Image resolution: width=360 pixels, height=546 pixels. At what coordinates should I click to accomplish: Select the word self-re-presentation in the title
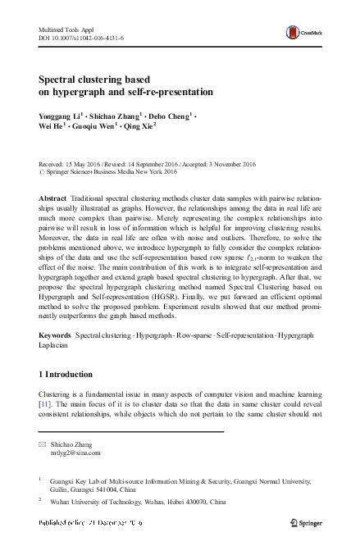click(x=170, y=93)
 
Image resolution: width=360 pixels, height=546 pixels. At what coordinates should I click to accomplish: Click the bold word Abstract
click(x=54, y=199)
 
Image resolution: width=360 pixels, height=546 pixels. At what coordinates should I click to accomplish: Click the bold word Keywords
click(x=55, y=336)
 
